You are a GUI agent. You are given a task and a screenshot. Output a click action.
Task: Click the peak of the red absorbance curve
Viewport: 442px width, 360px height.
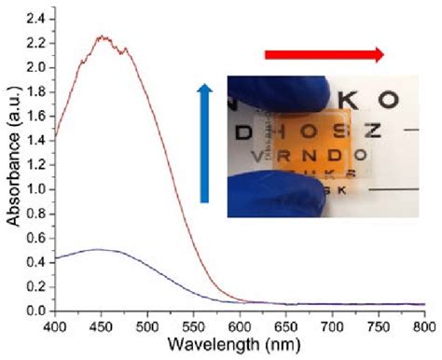point(103,38)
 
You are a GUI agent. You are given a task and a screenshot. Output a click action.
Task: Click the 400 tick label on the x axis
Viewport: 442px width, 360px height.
point(56,325)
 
